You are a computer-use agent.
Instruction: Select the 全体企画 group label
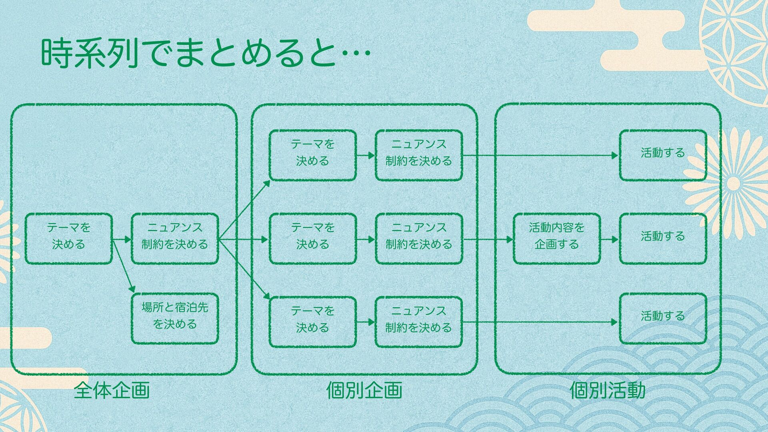click(112, 390)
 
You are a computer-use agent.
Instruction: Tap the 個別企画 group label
click(364, 390)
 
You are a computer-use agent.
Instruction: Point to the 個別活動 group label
click(607, 390)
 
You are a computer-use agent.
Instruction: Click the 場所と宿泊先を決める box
click(175, 319)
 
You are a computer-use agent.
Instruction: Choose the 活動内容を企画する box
click(556, 239)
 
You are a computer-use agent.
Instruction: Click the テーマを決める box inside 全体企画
click(68, 239)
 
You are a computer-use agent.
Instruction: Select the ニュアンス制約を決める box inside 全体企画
click(175, 239)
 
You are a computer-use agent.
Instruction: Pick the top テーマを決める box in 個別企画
click(312, 155)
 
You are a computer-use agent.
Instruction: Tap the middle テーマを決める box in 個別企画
click(312, 239)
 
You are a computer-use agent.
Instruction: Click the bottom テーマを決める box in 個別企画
click(312, 322)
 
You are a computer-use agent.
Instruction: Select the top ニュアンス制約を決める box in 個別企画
click(419, 155)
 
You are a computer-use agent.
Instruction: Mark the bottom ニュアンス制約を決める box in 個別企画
click(419, 322)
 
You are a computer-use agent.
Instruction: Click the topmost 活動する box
click(663, 155)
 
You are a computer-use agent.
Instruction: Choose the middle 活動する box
click(663, 239)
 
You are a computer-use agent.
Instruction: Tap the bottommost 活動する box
click(663, 319)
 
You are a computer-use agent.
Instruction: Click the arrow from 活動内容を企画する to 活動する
click(610, 240)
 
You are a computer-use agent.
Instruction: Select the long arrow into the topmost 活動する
click(540, 155)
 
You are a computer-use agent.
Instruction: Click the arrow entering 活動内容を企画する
click(488, 240)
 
